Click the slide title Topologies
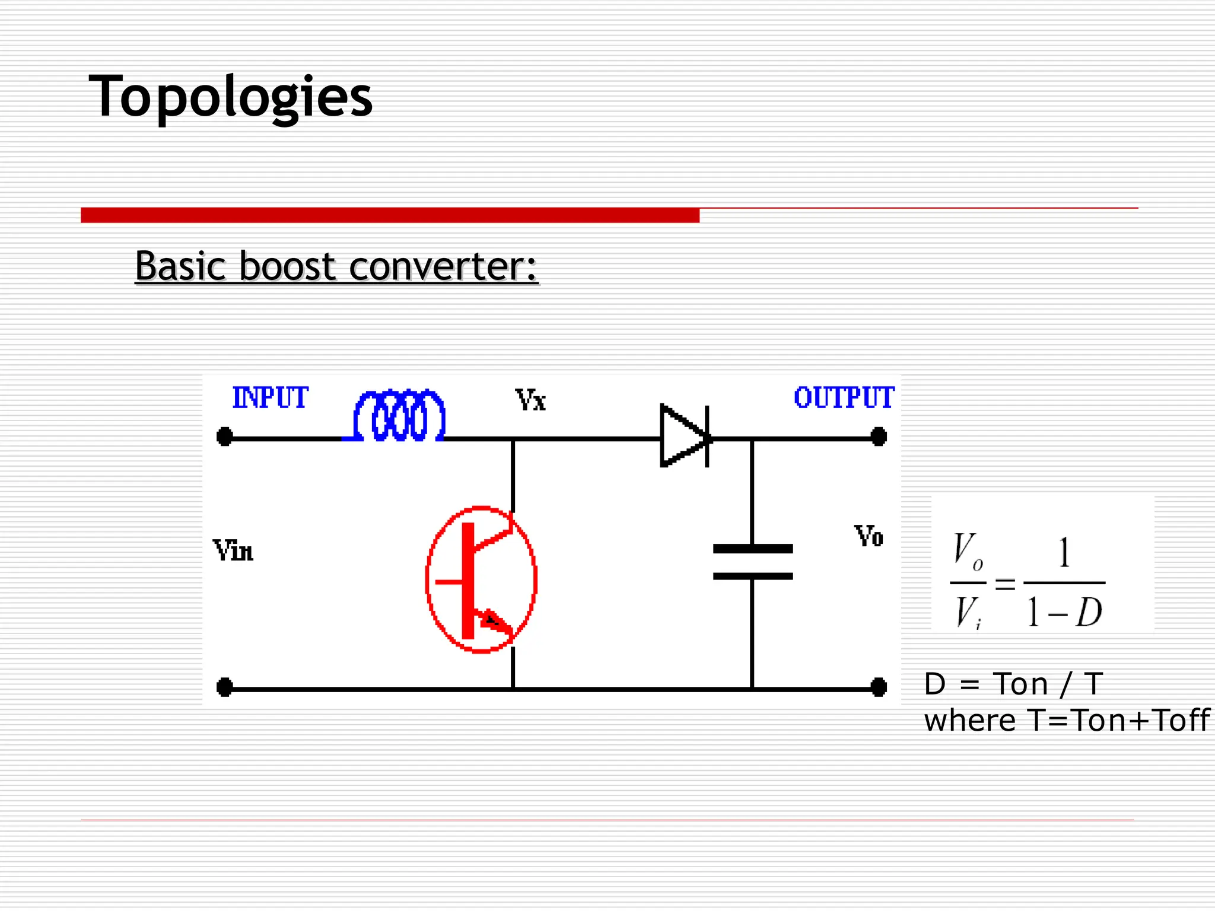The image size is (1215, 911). click(230, 97)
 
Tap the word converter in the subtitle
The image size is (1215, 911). click(443, 266)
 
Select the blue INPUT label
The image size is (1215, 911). click(270, 397)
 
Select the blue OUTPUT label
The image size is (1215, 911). click(844, 397)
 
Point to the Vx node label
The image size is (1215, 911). click(530, 400)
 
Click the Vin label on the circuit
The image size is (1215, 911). click(233, 551)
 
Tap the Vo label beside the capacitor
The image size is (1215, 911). click(869, 537)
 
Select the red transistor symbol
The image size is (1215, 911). click(481, 579)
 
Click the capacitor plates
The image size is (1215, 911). click(752, 562)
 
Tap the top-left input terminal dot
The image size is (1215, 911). click(225, 437)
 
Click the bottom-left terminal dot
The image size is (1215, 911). click(225, 687)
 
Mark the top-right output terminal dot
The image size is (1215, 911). click(879, 437)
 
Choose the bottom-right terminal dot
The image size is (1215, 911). click(879, 687)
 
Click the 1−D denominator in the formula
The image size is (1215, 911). click(1064, 612)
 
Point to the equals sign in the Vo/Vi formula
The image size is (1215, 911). click(1005, 584)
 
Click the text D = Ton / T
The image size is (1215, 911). click(1013, 684)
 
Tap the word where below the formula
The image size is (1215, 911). click(969, 721)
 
